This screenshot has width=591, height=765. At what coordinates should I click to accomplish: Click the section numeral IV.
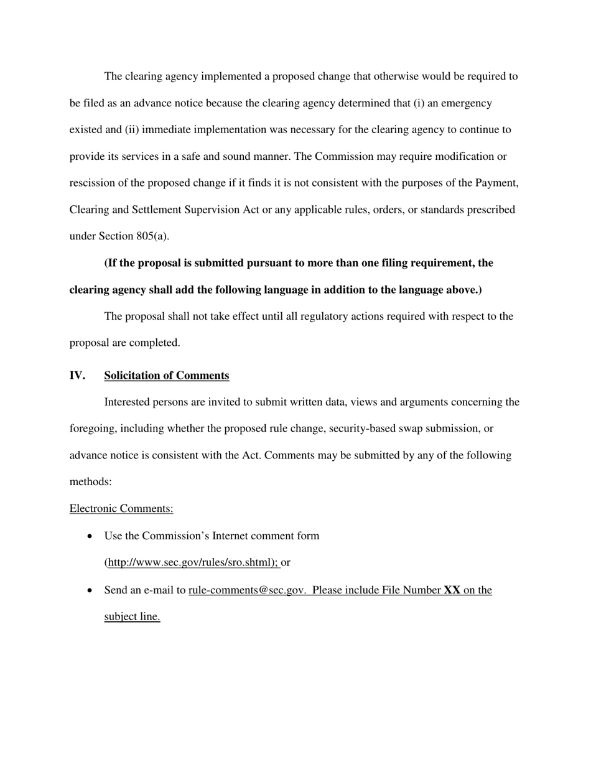tap(77, 376)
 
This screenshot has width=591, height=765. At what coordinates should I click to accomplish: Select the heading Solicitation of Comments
tap(167, 376)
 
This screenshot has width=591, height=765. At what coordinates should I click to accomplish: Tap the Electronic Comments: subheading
tap(121, 509)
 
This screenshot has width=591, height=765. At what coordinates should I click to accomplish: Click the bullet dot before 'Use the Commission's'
tap(91, 536)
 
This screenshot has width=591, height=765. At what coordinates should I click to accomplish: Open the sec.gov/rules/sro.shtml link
tap(193, 562)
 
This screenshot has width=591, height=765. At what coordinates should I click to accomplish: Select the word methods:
tap(90, 482)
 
